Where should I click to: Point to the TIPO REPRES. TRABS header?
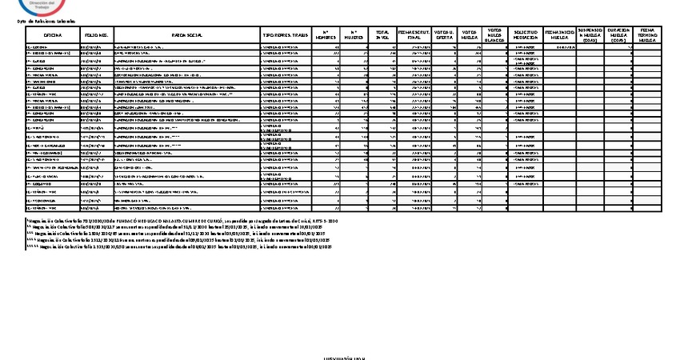point(285,36)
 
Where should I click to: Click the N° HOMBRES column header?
point(326,36)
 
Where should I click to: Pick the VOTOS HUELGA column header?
point(470,36)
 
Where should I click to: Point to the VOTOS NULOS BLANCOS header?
point(494,36)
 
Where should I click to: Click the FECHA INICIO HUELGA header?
point(559,36)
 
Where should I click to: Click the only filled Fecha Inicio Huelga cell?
point(559,47)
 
